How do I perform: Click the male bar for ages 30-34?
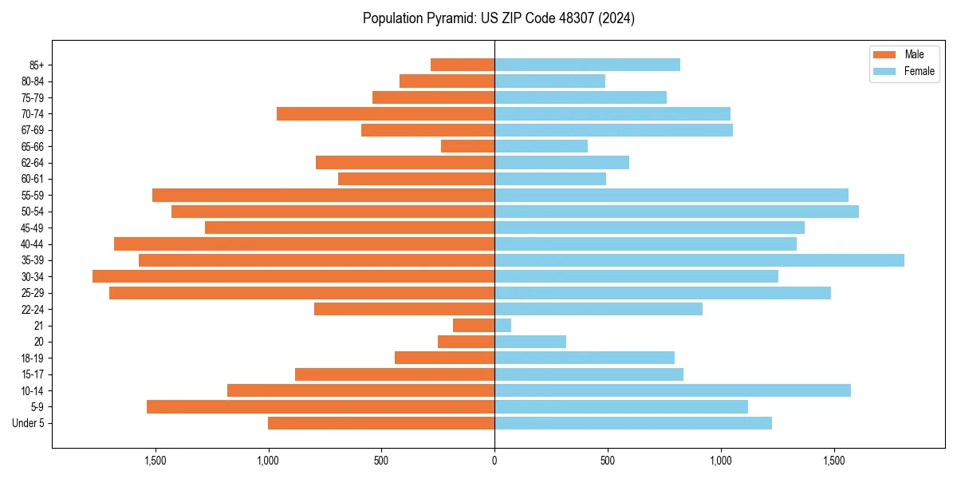tap(293, 276)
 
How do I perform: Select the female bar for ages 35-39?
tap(699, 260)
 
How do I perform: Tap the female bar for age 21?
tap(503, 325)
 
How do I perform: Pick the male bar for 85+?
tap(463, 65)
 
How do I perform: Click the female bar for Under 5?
tap(633, 423)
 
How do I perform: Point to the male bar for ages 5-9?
tap(321, 406)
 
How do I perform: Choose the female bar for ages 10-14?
tap(672, 390)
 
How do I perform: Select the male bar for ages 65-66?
tap(468, 146)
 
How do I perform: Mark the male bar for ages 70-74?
tap(386, 113)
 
